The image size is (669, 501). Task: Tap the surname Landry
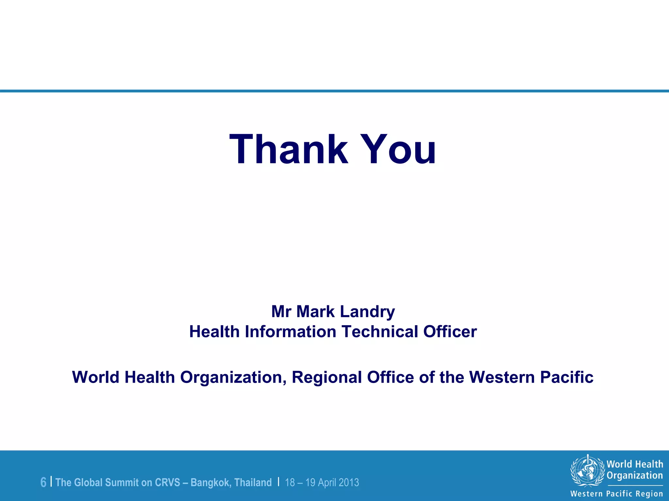coord(367,311)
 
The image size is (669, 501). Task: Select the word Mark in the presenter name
coord(316,311)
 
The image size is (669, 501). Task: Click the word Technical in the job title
coord(380,331)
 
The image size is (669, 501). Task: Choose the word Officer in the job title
coord(450,331)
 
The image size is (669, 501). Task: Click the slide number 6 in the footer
coord(43,482)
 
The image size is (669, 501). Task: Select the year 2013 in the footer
coord(349,482)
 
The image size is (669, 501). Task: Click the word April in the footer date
coord(327,482)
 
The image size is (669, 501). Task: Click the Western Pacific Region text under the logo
coord(616,493)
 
